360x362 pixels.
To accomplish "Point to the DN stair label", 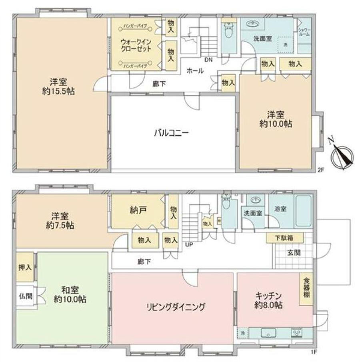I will (208, 60).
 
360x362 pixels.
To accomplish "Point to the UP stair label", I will (188, 245).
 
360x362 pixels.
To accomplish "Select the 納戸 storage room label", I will (137, 209).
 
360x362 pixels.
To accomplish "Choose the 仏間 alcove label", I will (24, 297).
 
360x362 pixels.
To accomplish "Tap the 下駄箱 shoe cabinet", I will (284, 238).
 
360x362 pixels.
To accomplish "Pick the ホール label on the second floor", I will (195, 71).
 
